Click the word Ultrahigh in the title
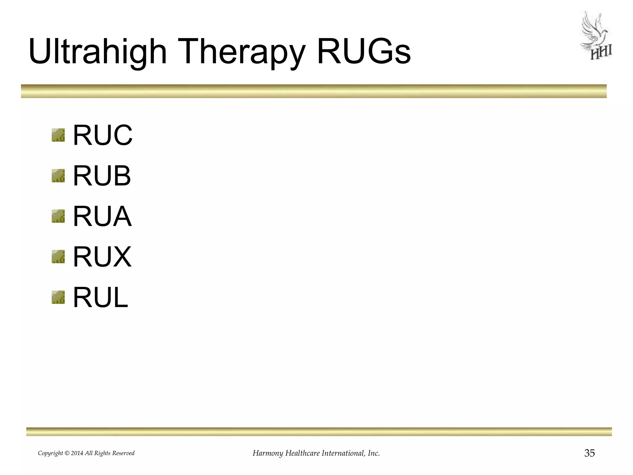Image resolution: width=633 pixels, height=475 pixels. point(97,52)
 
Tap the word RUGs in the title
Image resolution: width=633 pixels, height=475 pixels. point(364,52)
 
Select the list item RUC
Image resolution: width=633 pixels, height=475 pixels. point(102,135)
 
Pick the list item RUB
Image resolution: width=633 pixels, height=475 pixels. point(102,176)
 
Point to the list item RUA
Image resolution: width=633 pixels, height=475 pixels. point(102,216)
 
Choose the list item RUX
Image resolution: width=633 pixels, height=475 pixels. point(102,257)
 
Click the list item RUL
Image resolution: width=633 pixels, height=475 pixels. point(100,297)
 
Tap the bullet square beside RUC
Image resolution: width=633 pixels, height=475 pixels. point(58,135)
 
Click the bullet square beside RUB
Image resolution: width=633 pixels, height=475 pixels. point(58,176)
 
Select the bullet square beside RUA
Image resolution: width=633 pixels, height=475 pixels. point(58,216)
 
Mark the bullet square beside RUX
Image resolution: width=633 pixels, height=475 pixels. point(58,257)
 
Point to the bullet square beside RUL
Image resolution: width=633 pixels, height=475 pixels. point(58,297)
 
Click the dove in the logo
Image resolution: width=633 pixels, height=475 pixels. point(594,31)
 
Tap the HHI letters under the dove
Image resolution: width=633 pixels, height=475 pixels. point(601,53)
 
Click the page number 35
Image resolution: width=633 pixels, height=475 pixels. point(589,453)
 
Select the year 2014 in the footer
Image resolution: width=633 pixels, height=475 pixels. point(77,453)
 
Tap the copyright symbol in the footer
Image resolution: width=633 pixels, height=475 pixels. point(67,453)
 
